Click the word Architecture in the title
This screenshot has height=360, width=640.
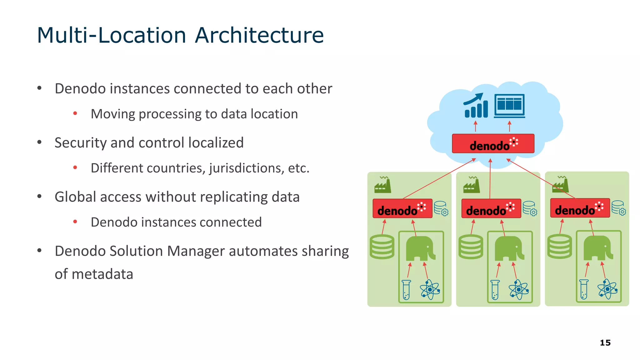(x=259, y=35)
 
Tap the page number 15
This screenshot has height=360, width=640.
(x=605, y=343)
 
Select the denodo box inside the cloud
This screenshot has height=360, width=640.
(x=493, y=144)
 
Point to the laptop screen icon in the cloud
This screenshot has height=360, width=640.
(x=509, y=106)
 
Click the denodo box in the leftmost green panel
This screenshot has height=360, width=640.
(x=402, y=209)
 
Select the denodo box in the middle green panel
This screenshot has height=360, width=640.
(x=491, y=209)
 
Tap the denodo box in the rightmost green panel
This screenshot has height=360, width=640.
(x=580, y=208)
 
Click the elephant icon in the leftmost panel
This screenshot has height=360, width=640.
(x=420, y=249)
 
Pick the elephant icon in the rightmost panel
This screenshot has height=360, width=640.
(x=597, y=248)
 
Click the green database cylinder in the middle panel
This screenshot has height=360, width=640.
(x=471, y=247)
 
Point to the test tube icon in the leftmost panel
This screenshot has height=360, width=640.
(x=406, y=290)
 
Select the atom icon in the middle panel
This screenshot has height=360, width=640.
(x=519, y=290)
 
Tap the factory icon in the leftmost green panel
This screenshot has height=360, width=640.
(x=383, y=185)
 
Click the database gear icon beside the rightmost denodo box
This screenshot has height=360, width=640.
(x=618, y=208)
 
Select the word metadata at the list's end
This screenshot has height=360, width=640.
(x=94, y=274)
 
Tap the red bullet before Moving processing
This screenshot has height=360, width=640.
(x=75, y=113)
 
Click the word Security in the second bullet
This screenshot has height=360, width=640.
(x=81, y=143)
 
